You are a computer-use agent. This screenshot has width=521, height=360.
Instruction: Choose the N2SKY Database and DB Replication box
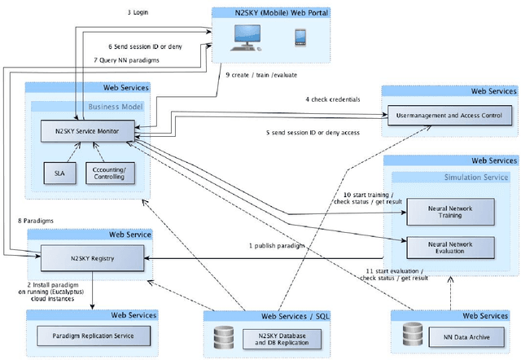[x=277, y=336]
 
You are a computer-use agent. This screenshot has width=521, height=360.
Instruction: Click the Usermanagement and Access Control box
[x=449, y=116]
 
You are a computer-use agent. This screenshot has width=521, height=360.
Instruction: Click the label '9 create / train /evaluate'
[x=262, y=74]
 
